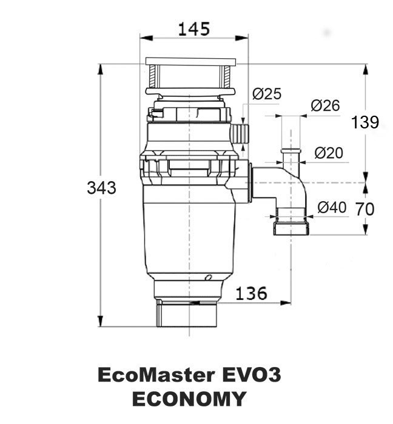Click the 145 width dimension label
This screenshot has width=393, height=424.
point(194,29)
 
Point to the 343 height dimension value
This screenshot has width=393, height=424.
point(101,188)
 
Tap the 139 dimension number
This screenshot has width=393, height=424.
point(365,122)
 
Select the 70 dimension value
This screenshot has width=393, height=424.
point(365,209)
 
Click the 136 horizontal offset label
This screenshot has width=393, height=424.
point(251,293)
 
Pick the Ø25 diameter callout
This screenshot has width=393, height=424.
point(267,93)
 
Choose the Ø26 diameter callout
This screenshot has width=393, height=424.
point(325,105)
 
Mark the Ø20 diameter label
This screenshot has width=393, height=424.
point(329,153)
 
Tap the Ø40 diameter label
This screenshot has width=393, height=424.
point(332,207)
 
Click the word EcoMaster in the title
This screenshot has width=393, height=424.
point(156,375)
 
